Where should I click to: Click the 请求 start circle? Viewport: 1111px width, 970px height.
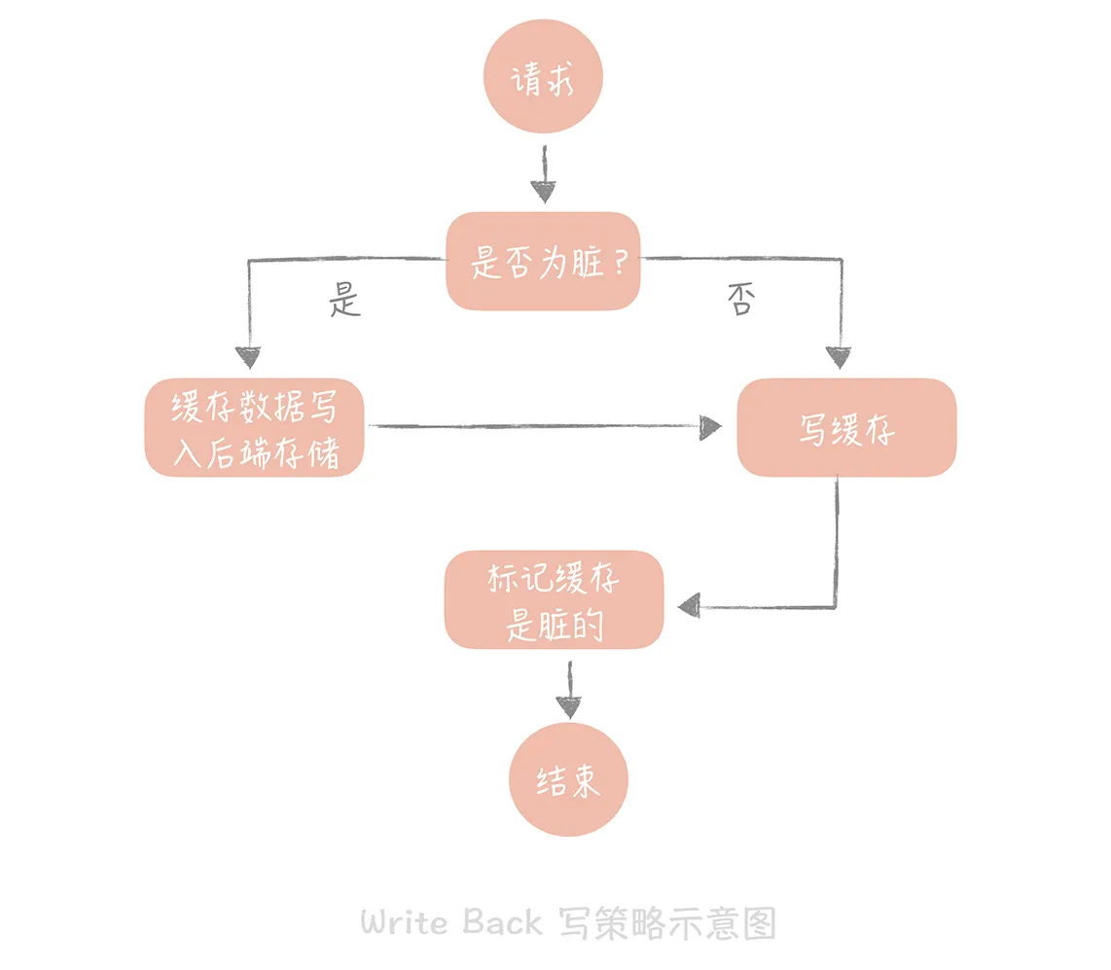544,79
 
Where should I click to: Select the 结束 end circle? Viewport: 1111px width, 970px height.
568,780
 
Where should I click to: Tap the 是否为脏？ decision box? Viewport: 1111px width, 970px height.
543,261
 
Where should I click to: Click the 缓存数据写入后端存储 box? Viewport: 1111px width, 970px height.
254,428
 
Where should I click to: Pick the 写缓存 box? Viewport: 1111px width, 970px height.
846,428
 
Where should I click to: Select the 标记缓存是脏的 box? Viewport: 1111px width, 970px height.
554,600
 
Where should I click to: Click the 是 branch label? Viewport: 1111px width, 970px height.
344,300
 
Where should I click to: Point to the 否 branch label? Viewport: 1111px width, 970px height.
739,300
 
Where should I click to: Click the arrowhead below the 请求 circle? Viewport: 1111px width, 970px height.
543,191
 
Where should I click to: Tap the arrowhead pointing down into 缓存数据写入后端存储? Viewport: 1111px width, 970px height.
250,358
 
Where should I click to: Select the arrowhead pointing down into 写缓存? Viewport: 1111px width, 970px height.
838,357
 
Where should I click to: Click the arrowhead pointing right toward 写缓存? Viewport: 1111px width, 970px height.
711,426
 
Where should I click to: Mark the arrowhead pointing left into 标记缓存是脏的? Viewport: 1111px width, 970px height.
689,605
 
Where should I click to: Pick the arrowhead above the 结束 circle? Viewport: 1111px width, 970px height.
569,707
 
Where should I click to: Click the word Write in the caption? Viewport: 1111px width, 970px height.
407,920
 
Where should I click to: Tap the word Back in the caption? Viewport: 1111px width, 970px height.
502,920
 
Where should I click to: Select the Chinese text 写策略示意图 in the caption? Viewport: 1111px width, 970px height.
667,921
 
